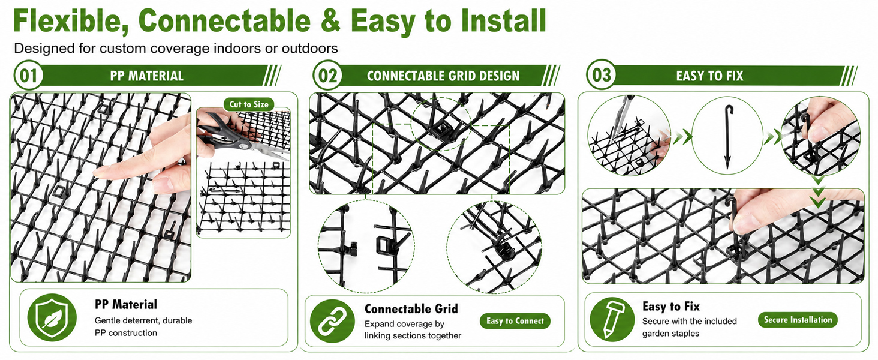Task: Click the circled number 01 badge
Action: [28, 75]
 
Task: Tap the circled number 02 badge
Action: [327, 75]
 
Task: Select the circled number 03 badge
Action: [602, 74]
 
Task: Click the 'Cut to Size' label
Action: [249, 104]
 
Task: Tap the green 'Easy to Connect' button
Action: [515, 321]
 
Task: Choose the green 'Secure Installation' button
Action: [798, 320]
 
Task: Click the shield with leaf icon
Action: [52, 317]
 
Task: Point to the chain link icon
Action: [332, 321]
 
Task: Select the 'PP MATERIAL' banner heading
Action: [146, 76]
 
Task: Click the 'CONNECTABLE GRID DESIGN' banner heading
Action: [443, 76]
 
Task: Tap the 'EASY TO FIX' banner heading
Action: [709, 76]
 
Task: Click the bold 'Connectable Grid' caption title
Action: [411, 309]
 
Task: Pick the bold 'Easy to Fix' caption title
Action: [671, 306]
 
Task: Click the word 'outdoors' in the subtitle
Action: [310, 48]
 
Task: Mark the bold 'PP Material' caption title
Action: [126, 304]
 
